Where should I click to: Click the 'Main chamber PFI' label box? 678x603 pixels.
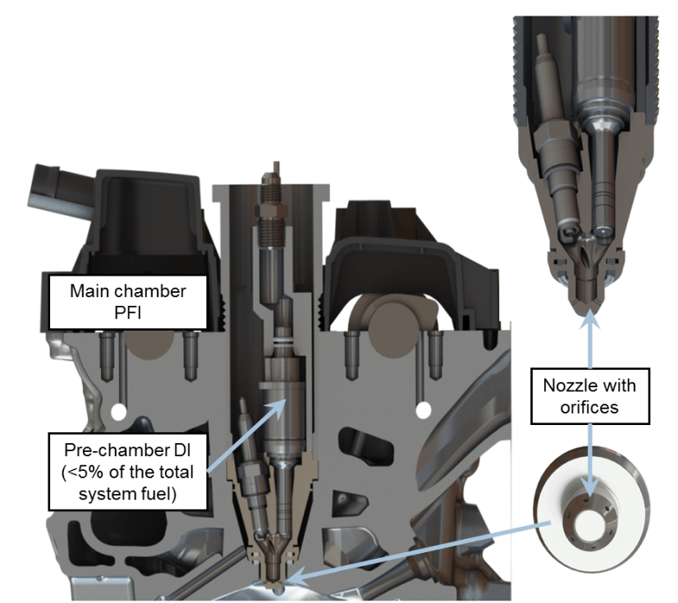(x=128, y=302)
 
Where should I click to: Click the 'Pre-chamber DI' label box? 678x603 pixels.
(x=128, y=472)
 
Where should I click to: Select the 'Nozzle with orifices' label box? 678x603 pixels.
(x=590, y=396)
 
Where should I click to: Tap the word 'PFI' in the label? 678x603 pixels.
(x=127, y=313)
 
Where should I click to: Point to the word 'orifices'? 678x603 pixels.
(x=589, y=407)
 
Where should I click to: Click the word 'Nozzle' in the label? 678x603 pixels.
(x=565, y=385)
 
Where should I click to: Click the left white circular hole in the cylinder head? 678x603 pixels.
(x=117, y=411)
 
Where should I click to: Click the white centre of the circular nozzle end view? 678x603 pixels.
(x=591, y=524)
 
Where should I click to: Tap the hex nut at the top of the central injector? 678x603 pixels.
(x=271, y=211)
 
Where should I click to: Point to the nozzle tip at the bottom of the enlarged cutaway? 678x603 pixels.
(x=586, y=308)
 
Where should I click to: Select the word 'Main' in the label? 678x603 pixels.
(x=89, y=291)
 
